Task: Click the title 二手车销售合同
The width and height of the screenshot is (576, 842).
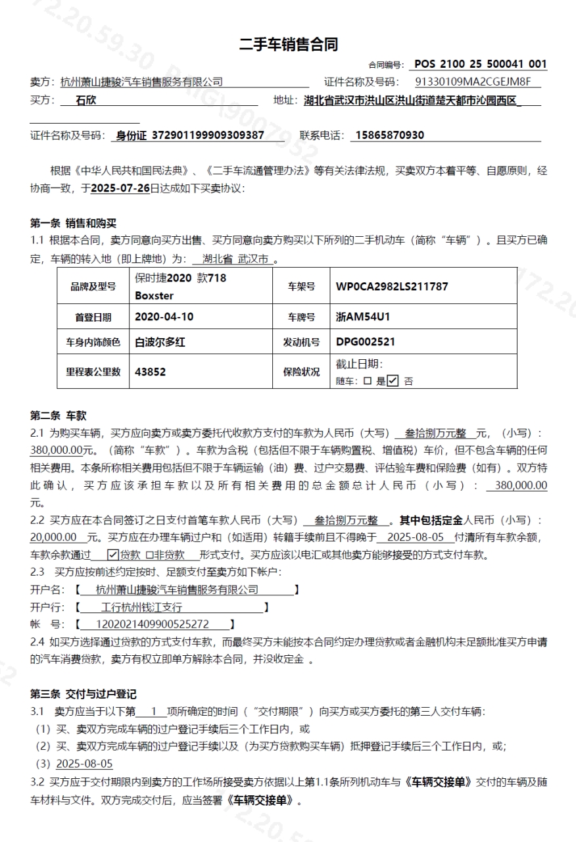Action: (x=288, y=45)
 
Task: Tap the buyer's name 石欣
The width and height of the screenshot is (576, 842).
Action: (x=86, y=101)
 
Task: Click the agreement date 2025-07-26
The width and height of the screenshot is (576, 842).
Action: (x=120, y=188)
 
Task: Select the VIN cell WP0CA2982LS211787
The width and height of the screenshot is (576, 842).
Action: (x=391, y=287)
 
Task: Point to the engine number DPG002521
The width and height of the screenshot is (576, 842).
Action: (x=366, y=342)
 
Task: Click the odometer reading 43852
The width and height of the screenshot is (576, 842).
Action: (x=151, y=372)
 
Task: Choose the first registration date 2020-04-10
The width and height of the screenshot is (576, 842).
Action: (x=164, y=316)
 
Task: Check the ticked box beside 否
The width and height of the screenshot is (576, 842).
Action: (x=393, y=380)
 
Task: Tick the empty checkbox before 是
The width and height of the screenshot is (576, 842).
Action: (x=368, y=381)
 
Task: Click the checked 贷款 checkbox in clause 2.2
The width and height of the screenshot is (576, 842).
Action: (x=112, y=555)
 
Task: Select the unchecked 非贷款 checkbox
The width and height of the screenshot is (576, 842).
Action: (x=149, y=555)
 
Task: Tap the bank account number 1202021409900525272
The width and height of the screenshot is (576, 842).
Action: (x=153, y=624)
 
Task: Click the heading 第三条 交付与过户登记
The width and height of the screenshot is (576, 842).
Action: (x=84, y=694)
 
